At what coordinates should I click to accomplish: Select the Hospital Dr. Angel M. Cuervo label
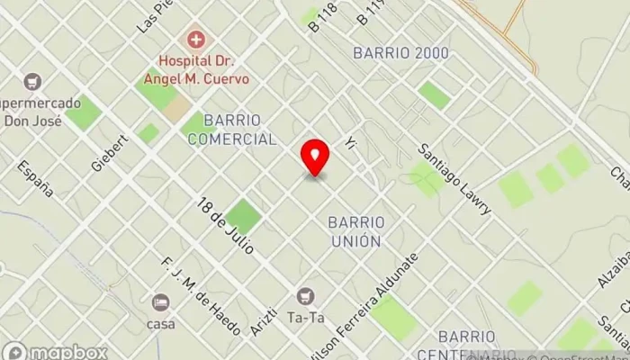[x=204, y=69]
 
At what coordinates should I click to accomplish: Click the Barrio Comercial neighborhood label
[x=238, y=130]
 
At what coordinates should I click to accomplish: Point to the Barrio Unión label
[x=355, y=231]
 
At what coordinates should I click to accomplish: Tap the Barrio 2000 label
[x=401, y=53]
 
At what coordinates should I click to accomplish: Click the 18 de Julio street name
[x=226, y=226]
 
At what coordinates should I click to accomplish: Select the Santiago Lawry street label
[x=455, y=179]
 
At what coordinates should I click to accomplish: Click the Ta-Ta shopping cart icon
[x=307, y=295]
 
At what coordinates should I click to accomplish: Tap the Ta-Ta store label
[x=307, y=318]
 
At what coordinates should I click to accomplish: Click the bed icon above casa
[x=161, y=301]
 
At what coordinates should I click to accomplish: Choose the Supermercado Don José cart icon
[x=33, y=81]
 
